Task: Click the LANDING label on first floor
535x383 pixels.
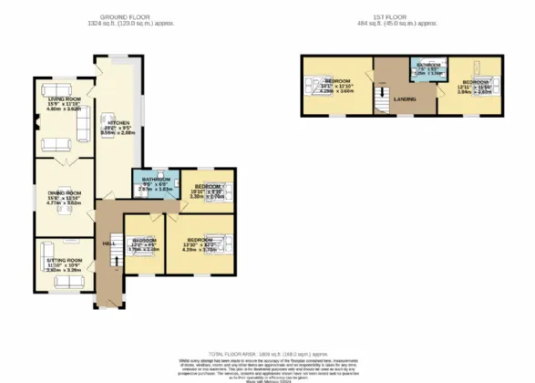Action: click(x=406, y=98)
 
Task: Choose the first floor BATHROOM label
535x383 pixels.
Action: click(x=428, y=66)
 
